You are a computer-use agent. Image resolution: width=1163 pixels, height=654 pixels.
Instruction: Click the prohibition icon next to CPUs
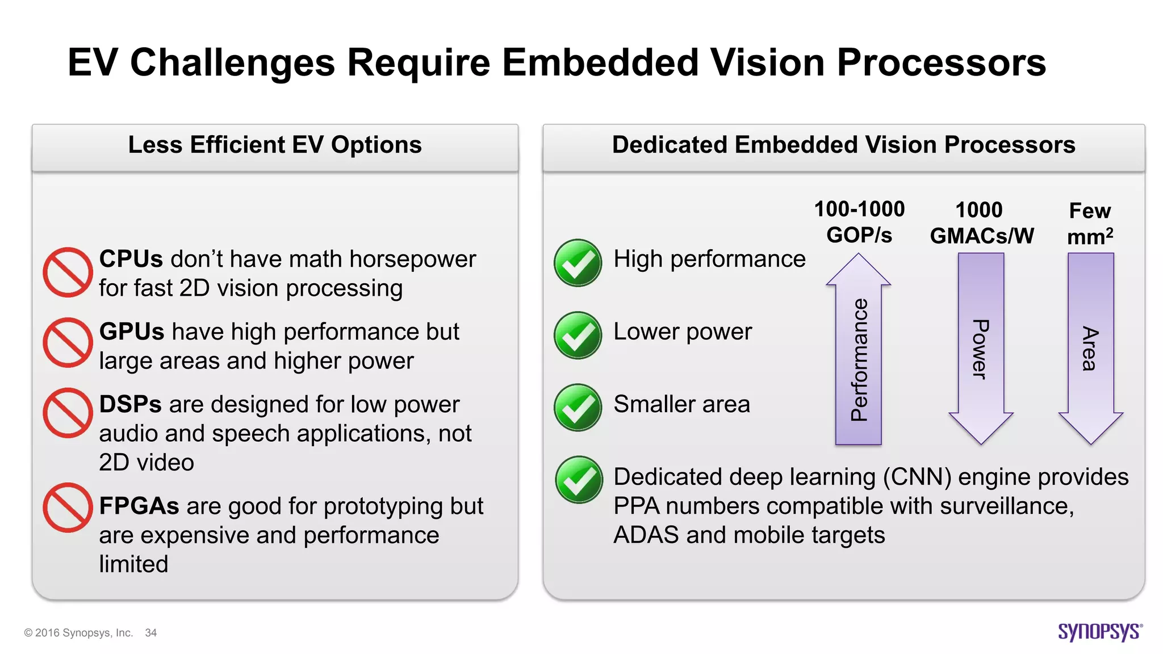(68, 272)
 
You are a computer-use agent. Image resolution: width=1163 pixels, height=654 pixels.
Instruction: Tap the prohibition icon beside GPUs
(68, 342)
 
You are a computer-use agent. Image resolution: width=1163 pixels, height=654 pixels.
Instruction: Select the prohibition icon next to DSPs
(68, 413)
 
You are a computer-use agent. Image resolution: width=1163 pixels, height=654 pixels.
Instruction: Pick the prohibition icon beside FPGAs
(68, 508)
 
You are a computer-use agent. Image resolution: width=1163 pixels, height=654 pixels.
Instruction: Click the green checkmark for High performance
(578, 263)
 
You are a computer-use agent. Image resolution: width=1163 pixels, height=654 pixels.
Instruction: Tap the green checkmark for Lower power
(578, 336)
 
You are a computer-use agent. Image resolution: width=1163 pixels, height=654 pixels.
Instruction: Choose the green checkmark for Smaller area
(578, 408)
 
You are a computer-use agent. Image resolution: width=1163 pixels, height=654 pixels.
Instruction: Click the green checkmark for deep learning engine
(579, 480)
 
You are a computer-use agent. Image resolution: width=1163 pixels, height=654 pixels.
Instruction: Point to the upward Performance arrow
(858, 349)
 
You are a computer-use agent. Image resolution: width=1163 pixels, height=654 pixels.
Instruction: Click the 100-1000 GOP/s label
(859, 222)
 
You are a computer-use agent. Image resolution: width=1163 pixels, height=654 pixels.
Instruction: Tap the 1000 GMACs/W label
(981, 223)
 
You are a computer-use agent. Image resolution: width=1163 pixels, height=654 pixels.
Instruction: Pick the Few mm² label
(1090, 224)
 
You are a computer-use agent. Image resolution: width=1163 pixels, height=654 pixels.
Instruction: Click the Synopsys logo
(1099, 631)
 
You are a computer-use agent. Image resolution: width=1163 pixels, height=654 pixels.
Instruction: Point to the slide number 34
(150, 633)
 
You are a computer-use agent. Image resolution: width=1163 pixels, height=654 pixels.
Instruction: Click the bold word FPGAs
(139, 506)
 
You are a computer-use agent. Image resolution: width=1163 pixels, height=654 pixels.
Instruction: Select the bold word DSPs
(130, 404)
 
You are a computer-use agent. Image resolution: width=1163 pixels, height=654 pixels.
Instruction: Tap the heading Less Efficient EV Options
(275, 145)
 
